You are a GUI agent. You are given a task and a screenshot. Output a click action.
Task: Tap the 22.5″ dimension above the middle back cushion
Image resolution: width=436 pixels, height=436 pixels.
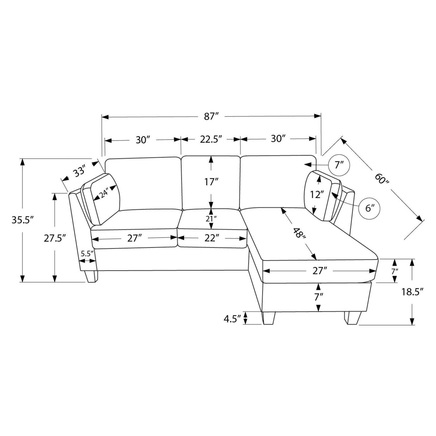(211, 139)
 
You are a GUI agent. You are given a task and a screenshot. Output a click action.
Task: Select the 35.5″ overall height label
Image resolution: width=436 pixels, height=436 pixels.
(23, 220)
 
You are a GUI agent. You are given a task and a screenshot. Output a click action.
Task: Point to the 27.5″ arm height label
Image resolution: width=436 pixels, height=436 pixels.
(55, 238)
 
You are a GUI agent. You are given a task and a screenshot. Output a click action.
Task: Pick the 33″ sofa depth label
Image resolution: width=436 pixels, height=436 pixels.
(79, 171)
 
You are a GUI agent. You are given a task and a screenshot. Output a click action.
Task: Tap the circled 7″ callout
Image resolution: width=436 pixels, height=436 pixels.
(339, 165)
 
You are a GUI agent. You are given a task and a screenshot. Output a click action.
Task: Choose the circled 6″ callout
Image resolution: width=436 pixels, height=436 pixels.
(369, 208)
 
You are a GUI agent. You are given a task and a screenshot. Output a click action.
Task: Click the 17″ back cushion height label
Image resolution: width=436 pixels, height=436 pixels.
(211, 182)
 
